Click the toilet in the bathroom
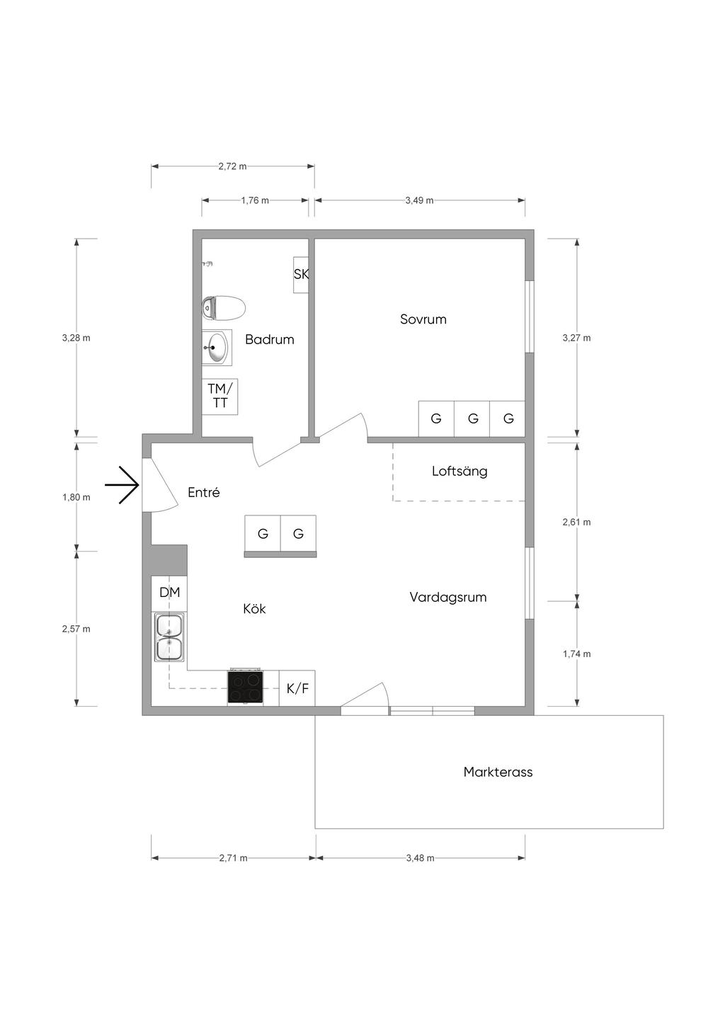point(224,308)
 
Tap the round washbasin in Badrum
point(217,347)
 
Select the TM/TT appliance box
point(219,397)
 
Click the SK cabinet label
point(301,274)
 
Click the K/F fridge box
point(297,688)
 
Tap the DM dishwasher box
point(169,593)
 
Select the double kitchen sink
point(169,637)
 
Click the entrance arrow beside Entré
point(122,485)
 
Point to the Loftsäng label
point(459,472)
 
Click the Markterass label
point(498,772)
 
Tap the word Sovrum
point(423,319)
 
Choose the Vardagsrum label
point(448,598)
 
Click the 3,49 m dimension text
point(420,200)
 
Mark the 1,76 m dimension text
point(255,200)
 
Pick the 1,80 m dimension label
point(76,498)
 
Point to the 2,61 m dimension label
point(576,522)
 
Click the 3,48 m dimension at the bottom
point(421,858)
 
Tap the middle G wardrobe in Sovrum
point(472,418)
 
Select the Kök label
point(254,609)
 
